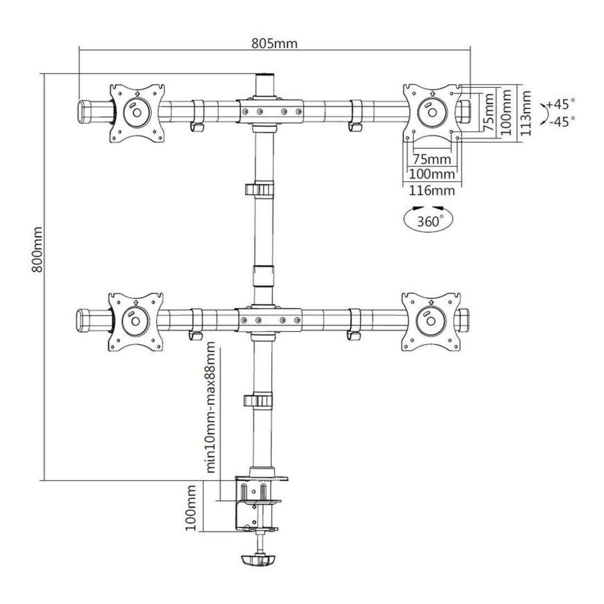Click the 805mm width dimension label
[x=275, y=43]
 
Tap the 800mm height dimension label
[x=37, y=250]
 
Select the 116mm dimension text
[x=432, y=191]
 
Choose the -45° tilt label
[x=561, y=121]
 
